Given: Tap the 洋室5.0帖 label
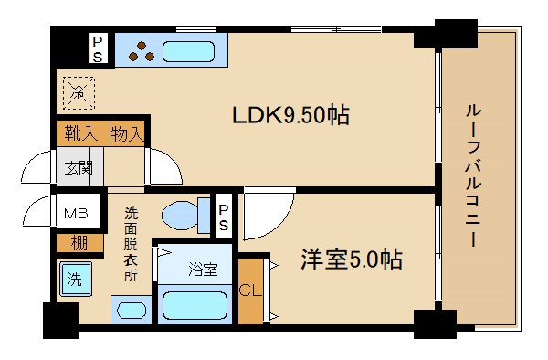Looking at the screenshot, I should click(x=352, y=259).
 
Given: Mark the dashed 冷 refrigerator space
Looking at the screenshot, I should click(x=79, y=91).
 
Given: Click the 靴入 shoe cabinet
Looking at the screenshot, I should click(x=81, y=133).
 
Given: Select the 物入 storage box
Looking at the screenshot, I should click(x=127, y=133).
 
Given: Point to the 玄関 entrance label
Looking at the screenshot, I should click(x=77, y=168).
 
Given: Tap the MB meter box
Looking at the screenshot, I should click(x=75, y=215).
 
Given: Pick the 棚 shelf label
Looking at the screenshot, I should click(x=78, y=244).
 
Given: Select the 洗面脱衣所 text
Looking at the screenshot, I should click(x=132, y=246).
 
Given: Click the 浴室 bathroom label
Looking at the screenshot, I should click(x=203, y=270).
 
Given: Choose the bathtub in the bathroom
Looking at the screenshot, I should click(x=195, y=303).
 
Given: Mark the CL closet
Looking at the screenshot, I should click(x=248, y=291).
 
